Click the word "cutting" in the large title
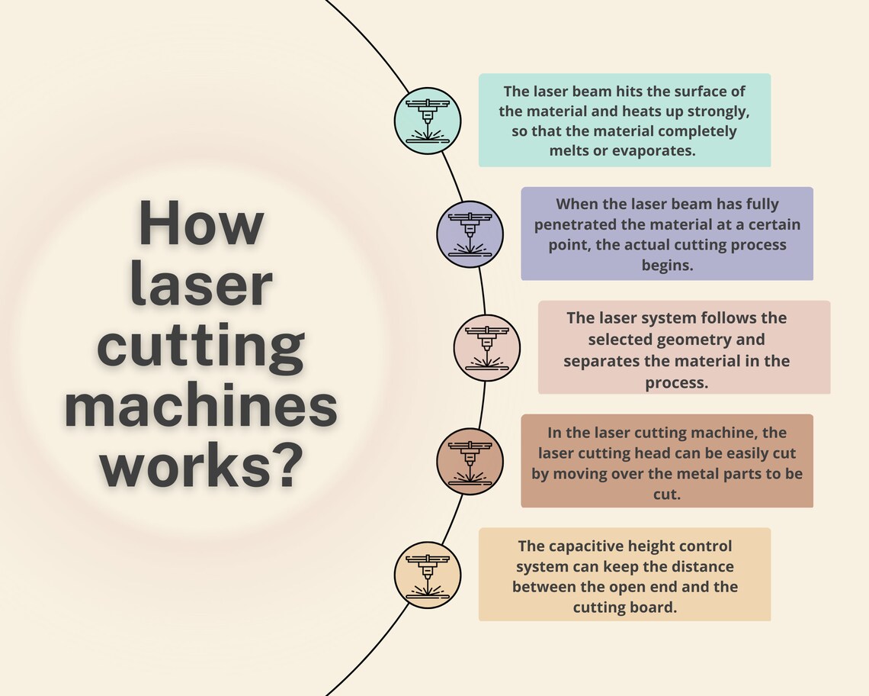pyautogui.click(x=200, y=347)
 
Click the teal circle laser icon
pyautogui.click(x=428, y=121)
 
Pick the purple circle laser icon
pyautogui.click(x=470, y=234)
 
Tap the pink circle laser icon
pyautogui.click(x=486, y=348)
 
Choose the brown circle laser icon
pyautogui.click(x=470, y=462)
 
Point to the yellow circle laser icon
pyautogui.click(x=428, y=575)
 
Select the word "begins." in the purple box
pyautogui.click(x=667, y=266)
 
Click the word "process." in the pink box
pyautogui.click(x=676, y=383)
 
